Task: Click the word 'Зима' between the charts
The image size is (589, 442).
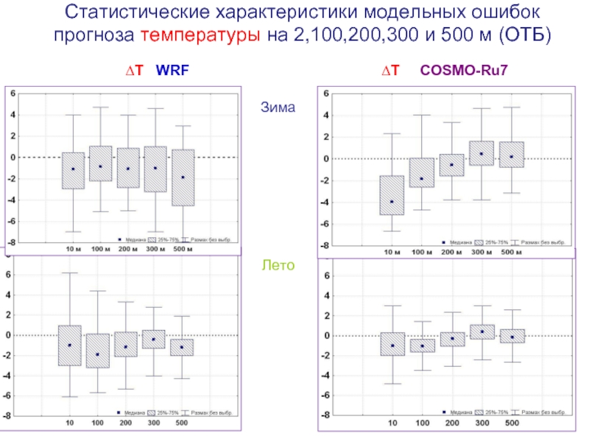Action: (278, 108)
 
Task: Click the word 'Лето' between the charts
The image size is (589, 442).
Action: (278, 264)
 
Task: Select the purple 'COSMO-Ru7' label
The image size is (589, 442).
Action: (465, 71)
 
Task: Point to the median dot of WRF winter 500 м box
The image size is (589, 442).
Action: (183, 178)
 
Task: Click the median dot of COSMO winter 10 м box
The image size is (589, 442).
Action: (392, 201)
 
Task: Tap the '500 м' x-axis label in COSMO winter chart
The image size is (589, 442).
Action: (511, 253)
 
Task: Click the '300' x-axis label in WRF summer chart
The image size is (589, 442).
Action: (153, 424)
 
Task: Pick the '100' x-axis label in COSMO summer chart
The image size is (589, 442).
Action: (422, 424)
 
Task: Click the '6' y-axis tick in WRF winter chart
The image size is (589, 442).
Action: (13, 94)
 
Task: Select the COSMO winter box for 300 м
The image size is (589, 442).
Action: (482, 153)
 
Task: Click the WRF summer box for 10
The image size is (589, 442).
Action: (69, 345)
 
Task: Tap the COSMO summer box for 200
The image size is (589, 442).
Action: (451, 339)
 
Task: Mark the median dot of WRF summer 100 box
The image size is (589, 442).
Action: (97, 354)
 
